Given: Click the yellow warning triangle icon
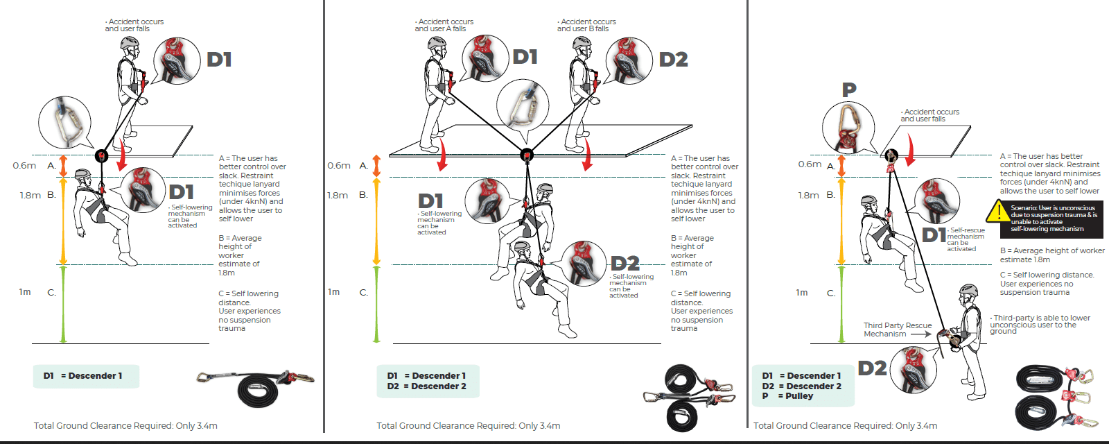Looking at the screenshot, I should tap(998, 212).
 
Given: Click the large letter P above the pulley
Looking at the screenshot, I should tap(849, 89).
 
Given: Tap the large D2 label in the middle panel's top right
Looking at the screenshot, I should tap(673, 60).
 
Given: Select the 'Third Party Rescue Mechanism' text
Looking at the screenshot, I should tap(897, 330).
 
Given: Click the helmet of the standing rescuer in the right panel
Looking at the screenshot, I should tap(968, 290).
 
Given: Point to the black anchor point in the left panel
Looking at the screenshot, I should tap(102, 155).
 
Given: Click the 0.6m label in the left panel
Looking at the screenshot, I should tap(24, 165).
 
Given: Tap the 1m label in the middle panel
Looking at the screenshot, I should tap(334, 292).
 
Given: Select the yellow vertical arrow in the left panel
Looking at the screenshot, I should tap(63, 221).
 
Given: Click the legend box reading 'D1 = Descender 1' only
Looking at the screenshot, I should tap(86, 376).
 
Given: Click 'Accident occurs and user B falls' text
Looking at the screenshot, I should tap(586, 25).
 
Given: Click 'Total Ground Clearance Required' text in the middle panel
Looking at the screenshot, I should tap(468, 425).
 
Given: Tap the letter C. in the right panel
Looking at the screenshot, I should tap(831, 293).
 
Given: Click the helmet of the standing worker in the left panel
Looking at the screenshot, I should tap(130, 44).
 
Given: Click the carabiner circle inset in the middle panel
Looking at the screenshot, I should tap(523, 107).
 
